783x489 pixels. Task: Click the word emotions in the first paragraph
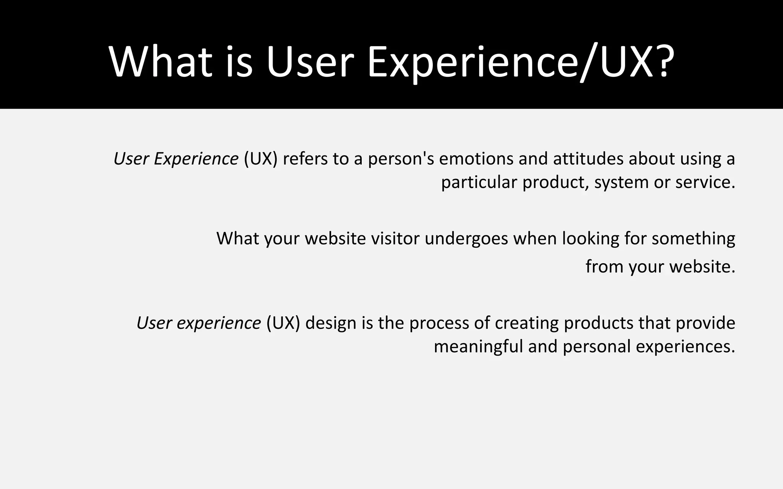pos(476,159)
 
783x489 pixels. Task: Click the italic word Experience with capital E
pos(196,159)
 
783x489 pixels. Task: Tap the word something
pos(693,239)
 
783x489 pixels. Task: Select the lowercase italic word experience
pos(219,324)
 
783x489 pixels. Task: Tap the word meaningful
pos(478,347)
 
